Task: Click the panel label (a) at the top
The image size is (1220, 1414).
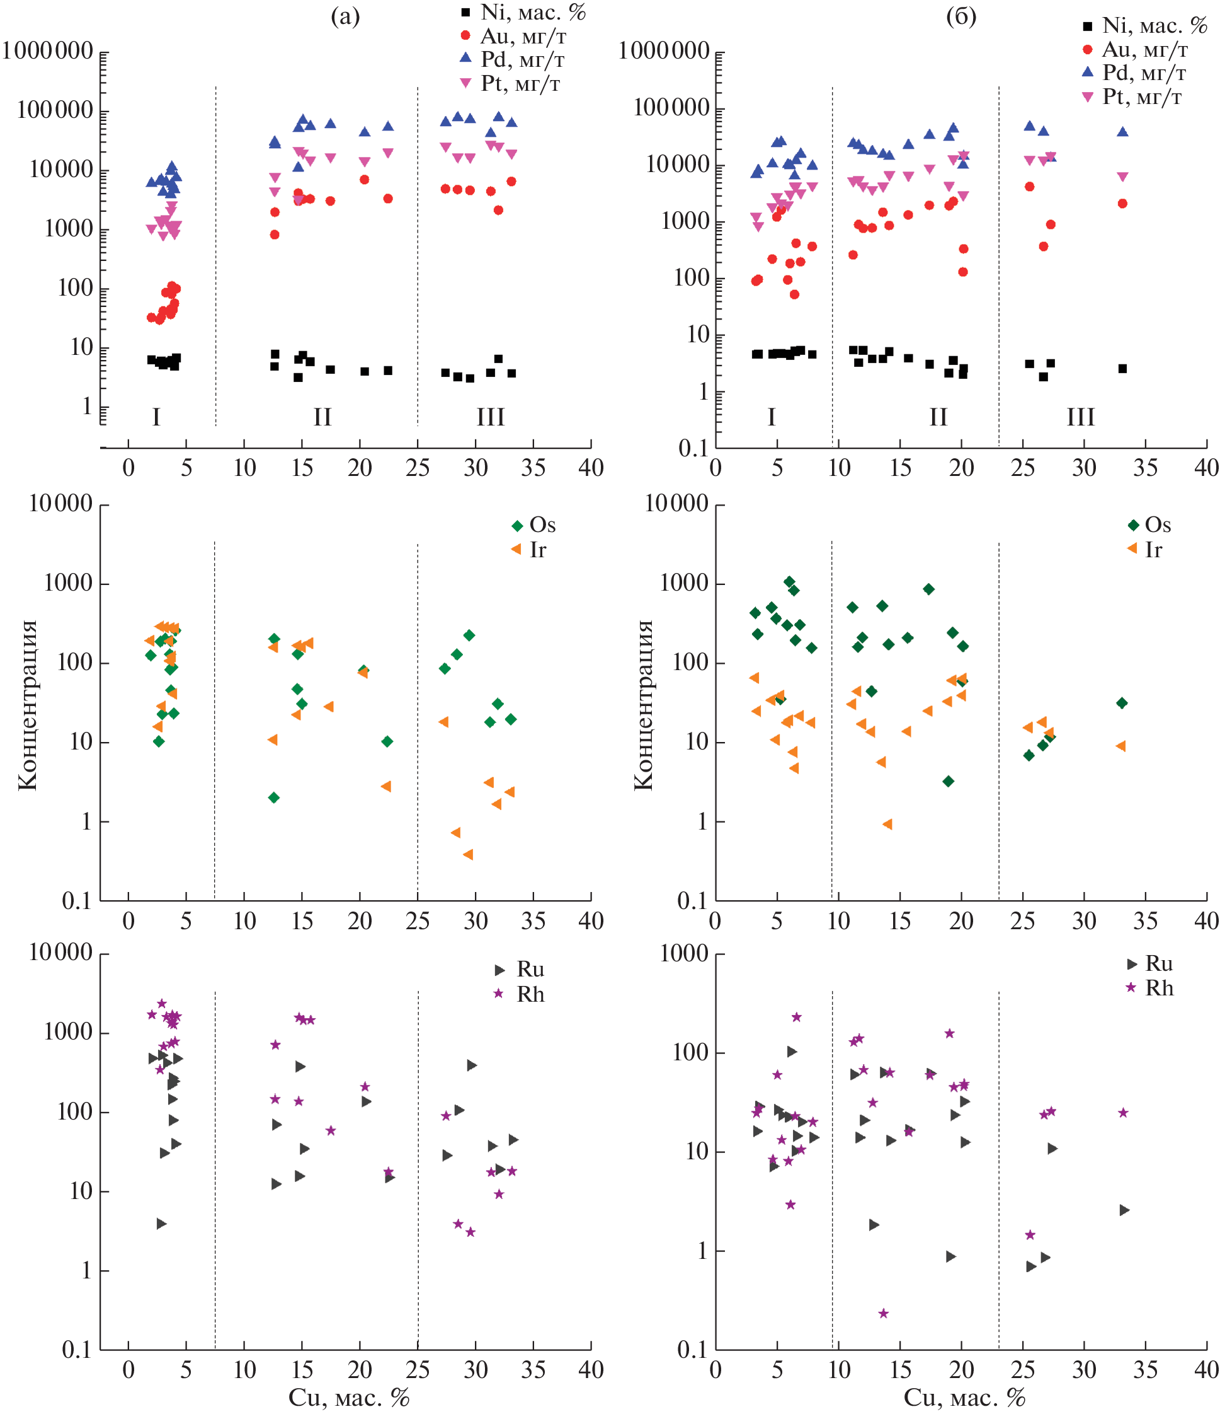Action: (345, 16)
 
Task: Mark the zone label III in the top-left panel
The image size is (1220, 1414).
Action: (490, 416)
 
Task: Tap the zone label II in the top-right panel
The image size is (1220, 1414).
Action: (938, 416)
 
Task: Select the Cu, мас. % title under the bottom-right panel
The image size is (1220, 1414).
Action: (964, 1397)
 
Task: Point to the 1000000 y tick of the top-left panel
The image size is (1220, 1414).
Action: (48, 50)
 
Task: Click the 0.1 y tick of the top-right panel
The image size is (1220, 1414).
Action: (693, 448)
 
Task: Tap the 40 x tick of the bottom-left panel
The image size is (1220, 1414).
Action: (591, 1370)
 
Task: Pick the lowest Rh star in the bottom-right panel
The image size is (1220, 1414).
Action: (883, 1313)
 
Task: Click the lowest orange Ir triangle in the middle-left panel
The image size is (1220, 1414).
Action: (468, 854)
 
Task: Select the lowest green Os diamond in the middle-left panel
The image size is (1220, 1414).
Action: (273, 797)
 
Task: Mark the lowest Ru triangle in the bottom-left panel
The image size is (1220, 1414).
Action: (162, 1224)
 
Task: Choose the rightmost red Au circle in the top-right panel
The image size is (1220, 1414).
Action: (1122, 204)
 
